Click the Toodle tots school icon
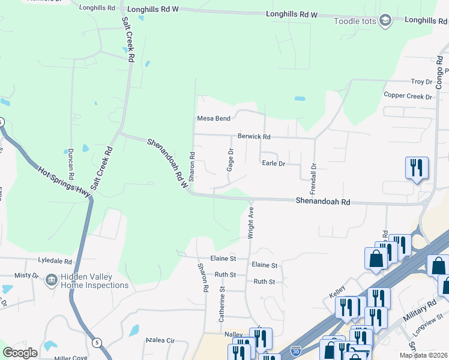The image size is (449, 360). pos(385,22)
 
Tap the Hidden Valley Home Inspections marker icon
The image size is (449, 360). pos(52,280)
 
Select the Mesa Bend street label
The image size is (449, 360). pos(214,118)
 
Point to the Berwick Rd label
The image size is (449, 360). pos(254,136)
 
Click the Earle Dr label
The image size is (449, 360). pos(273,163)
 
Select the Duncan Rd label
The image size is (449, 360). pos(70,164)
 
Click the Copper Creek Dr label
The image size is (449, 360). pos(408,96)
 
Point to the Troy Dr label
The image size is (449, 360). pos(421,82)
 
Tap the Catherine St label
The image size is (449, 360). pos(221,304)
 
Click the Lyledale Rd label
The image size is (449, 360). pos(55,262)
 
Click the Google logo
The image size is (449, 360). pos(20,353)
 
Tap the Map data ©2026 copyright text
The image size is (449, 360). pos(424,355)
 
